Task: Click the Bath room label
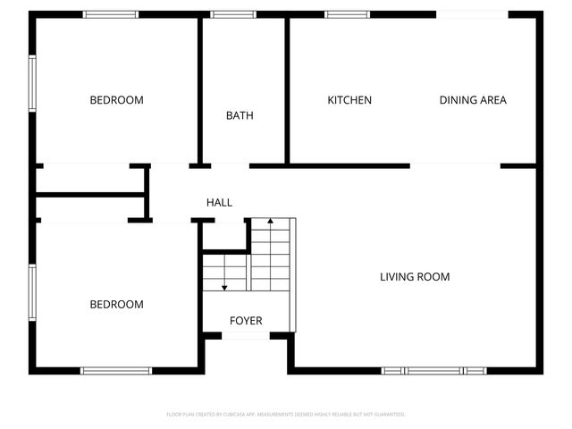point(240,115)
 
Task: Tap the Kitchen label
point(349,100)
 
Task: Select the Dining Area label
point(473,100)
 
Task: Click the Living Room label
point(415,277)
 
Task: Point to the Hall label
point(219,203)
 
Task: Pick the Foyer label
point(246,321)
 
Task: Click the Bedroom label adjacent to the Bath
point(116,100)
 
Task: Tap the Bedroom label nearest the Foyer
point(116,305)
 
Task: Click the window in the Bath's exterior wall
point(233,14)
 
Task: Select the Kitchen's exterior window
point(348,14)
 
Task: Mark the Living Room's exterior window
point(433,370)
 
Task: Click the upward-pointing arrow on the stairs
point(270,222)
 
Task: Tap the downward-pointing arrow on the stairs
point(224,285)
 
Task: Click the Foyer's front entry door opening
point(246,336)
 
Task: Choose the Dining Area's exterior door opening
point(472,14)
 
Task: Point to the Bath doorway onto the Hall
point(231,165)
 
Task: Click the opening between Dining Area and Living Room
point(455,165)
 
